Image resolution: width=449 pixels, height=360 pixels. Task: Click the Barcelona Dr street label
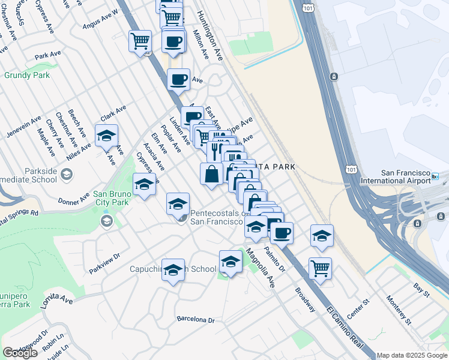click(x=195, y=319)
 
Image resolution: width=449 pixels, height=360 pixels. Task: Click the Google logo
click(x=20, y=353)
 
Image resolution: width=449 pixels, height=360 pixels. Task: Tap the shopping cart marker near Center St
click(x=321, y=268)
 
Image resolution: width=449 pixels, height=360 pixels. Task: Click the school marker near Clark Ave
click(x=106, y=136)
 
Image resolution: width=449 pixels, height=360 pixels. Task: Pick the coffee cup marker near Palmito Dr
click(x=282, y=232)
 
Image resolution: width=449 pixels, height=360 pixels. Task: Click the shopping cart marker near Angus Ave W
click(x=140, y=41)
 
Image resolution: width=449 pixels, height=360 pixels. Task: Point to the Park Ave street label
click(x=48, y=55)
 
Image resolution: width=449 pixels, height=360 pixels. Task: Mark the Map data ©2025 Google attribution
click(x=412, y=355)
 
